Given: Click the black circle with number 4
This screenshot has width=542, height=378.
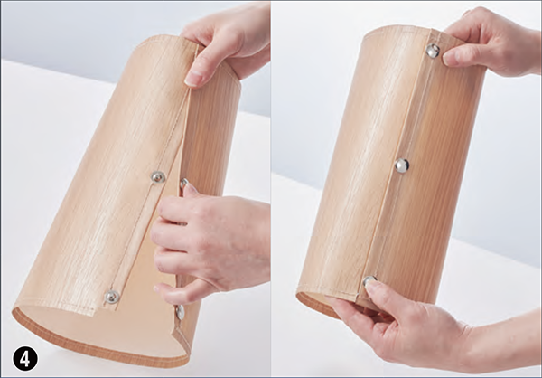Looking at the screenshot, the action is tap(25, 358).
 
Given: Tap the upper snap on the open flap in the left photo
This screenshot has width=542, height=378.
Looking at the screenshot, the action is tap(158, 177).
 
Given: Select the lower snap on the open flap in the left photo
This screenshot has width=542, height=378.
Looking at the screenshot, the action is tap(112, 297).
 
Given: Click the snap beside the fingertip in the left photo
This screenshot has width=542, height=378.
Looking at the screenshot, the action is tap(183, 183).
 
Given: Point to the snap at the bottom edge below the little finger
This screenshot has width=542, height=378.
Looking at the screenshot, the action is tap(180, 312).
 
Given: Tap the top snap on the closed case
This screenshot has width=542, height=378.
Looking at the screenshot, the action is tap(433, 51).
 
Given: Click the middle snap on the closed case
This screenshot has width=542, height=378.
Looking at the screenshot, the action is tap(402, 165).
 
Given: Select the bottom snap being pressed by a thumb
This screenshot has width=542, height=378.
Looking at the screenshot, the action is tap(369, 279).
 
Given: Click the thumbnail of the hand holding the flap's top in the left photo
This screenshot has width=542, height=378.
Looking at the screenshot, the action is tap(192, 79).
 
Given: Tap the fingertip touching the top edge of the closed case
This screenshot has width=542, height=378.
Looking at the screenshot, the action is tap(449, 58).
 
